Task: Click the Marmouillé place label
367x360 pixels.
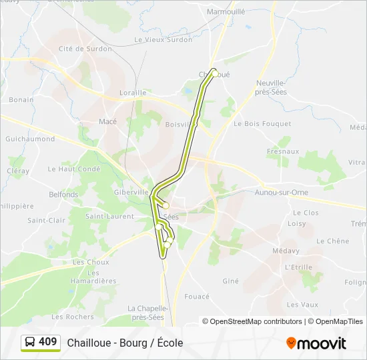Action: [x=227, y=12]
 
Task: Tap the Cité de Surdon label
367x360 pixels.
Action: [x=85, y=49]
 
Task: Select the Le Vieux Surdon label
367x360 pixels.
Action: [x=163, y=39]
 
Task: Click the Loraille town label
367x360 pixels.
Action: [x=133, y=93]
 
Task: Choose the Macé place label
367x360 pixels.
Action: [x=107, y=121]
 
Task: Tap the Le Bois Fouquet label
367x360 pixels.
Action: [x=262, y=124]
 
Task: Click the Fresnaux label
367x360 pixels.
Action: [x=283, y=151]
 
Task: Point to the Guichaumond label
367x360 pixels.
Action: [x=30, y=139]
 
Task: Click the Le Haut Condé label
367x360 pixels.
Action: [x=74, y=169]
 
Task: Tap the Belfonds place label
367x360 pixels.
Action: [x=63, y=195]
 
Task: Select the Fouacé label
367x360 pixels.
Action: [x=197, y=297]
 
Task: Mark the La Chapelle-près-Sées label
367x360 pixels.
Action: [x=147, y=313]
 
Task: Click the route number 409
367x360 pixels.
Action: [x=48, y=342]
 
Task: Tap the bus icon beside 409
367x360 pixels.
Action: [x=30, y=343]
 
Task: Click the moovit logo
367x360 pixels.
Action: [x=316, y=343]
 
